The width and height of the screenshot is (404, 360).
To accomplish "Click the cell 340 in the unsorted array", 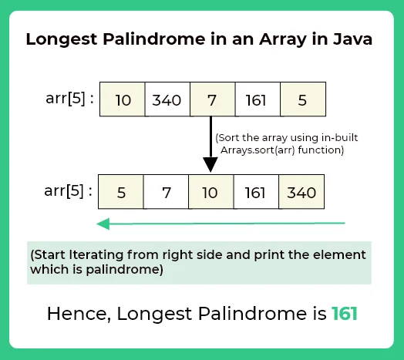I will pos(167,99).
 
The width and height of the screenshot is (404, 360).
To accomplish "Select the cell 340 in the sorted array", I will pos(301,191).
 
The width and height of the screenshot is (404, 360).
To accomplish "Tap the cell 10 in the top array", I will pos(123,99).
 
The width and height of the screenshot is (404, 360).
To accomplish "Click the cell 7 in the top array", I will pos(211,99).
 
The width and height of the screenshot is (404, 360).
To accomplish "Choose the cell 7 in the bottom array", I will pos(167,191).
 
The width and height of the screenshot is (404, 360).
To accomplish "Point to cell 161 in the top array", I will pos(256,99).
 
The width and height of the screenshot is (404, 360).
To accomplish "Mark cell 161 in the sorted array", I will pos(256,191).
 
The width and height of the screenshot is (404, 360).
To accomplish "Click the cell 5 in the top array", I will pos(302,99).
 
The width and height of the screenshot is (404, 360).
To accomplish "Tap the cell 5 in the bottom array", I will pos(123,191).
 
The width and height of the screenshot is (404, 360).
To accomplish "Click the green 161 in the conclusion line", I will pos(345,314).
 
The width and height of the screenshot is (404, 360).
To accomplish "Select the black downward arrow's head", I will pos(210,164).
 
